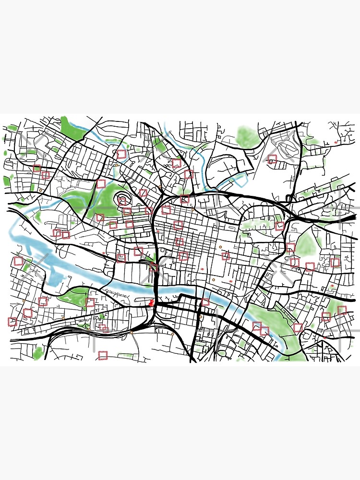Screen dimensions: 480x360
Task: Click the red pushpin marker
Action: coord(152,302)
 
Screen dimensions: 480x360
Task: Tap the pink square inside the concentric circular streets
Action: coord(123,200)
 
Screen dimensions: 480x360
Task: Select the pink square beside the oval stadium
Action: coord(272,159)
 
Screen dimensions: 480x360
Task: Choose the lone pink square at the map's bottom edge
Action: coord(102,355)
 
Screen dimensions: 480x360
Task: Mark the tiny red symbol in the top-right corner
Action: coord(336,143)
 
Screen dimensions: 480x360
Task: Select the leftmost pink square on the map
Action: coord(12,322)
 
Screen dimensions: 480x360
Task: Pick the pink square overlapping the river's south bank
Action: coord(205,302)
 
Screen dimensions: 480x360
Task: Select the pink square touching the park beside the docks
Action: coord(90,302)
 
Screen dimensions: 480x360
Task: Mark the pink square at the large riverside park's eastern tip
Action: coord(298,328)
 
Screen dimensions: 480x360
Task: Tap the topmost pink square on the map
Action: coord(120,155)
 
